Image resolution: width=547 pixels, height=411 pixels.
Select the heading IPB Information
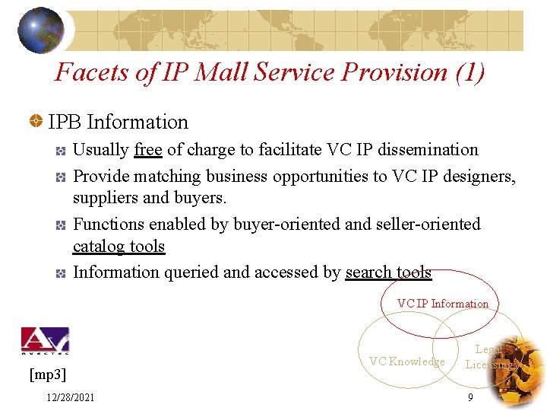(x=118, y=122)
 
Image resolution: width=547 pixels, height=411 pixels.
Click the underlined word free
(x=147, y=150)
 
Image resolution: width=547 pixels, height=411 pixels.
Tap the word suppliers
(x=106, y=198)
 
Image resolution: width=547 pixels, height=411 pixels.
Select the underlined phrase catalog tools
(x=119, y=246)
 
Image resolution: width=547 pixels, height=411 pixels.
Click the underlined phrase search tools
(x=388, y=272)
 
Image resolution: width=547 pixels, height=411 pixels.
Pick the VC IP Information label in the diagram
(x=443, y=304)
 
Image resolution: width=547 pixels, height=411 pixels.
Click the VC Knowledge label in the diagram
(x=406, y=362)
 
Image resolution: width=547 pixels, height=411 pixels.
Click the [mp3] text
(x=47, y=374)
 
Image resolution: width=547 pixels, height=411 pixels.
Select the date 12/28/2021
(x=70, y=397)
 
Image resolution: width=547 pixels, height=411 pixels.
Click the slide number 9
(x=471, y=397)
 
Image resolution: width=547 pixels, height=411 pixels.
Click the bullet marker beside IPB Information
(x=35, y=122)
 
